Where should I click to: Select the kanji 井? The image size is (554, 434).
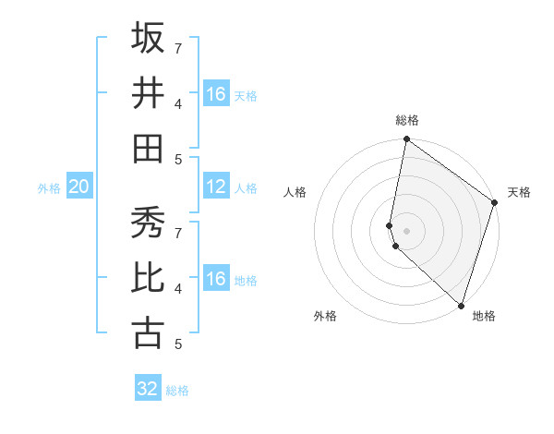148,93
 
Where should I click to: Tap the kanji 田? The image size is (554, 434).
148,149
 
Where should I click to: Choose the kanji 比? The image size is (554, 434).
148,278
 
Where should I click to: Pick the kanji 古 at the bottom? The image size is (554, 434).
148,333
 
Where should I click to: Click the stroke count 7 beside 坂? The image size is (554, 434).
178,47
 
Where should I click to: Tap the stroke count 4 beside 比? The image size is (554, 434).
178,288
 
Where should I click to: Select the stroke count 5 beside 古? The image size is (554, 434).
178,344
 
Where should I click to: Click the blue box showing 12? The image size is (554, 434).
216,187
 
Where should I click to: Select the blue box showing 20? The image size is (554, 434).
78,187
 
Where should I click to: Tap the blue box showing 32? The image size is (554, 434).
148,389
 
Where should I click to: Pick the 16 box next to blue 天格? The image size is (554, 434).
216,94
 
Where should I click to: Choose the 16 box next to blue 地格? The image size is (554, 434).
216,279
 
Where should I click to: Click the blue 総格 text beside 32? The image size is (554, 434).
177,391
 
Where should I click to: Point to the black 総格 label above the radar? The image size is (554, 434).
407,120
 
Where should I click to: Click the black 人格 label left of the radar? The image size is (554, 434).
295,192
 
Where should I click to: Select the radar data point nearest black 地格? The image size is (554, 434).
461,306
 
